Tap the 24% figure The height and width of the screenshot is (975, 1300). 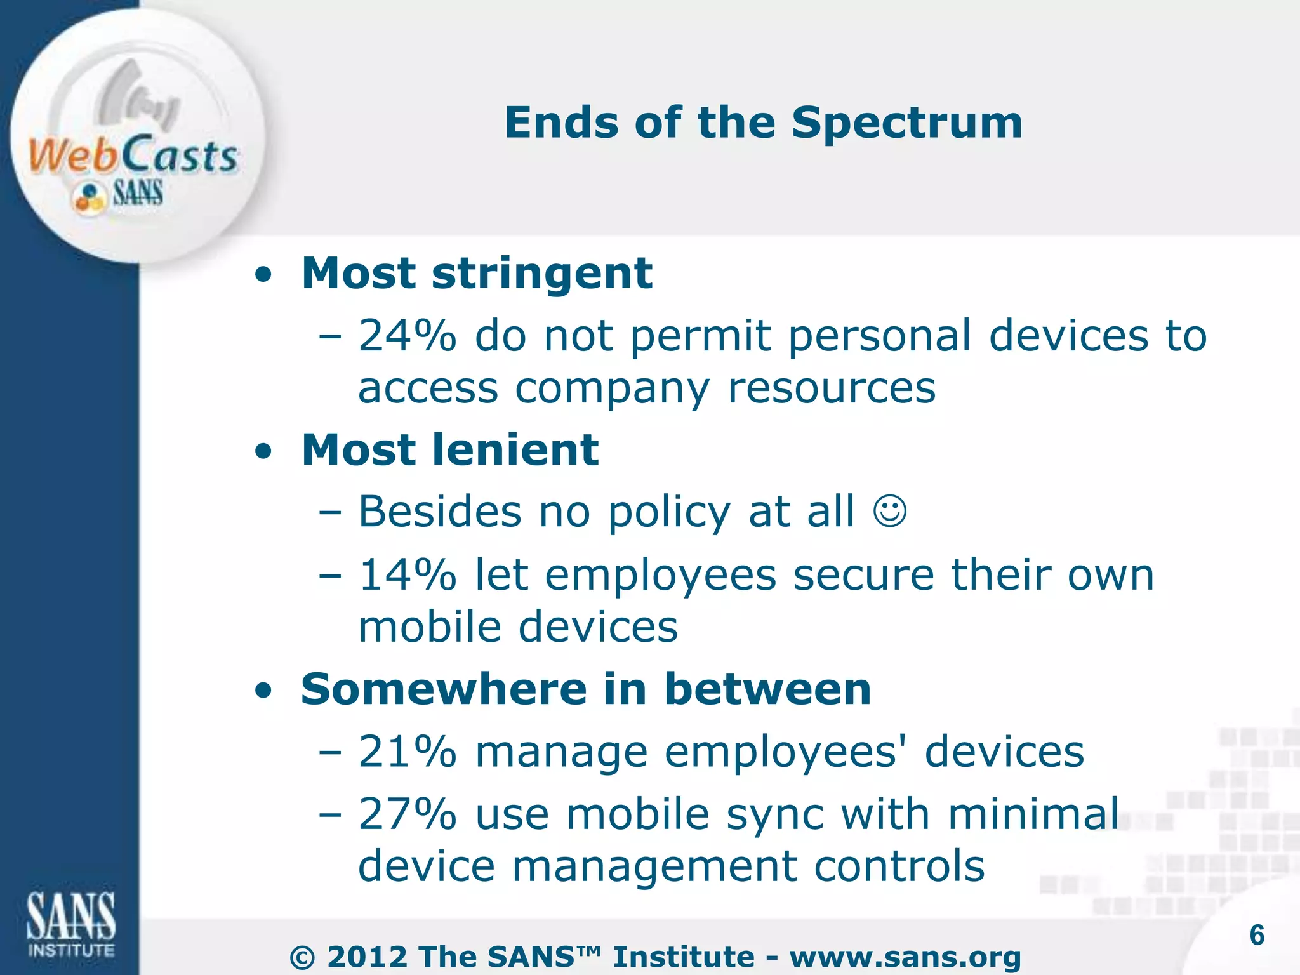(407, 336)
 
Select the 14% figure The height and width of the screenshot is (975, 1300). (407, 575)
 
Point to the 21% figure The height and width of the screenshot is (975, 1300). (407, 752)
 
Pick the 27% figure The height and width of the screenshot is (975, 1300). (407, 814)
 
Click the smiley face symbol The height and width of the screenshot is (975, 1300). (890, 512)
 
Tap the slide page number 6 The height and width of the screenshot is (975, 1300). (1257, 935)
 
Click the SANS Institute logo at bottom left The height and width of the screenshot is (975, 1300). (71, 924)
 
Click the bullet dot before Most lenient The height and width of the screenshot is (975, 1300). (263, 452)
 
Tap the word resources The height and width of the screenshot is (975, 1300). (831, 388)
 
